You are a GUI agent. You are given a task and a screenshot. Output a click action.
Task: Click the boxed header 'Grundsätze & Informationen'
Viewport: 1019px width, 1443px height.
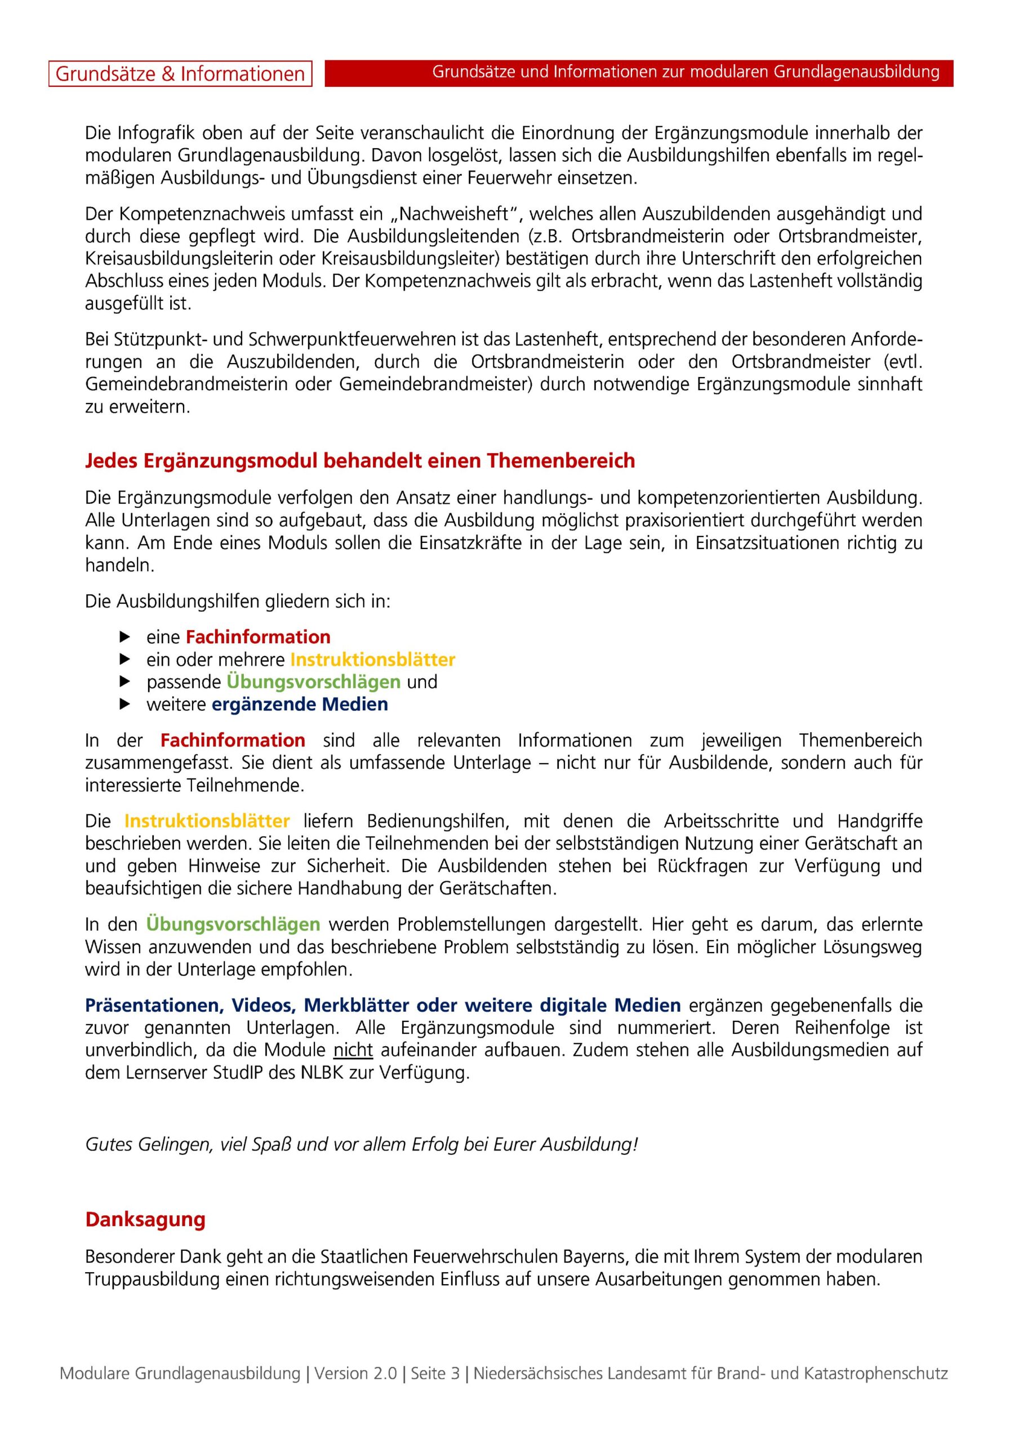pyautogui.click(x=180, y=73)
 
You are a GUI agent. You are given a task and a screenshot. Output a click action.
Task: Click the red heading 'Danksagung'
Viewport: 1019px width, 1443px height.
pyautogui.click(x=145, y=1219)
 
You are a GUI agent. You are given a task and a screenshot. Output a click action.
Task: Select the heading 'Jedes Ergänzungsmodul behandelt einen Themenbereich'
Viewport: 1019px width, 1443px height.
pyautogui.click(x=360, y=461)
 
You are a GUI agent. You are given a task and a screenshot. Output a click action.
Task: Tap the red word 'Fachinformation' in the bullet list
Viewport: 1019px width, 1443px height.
pyautogui.click(x=258, y=638)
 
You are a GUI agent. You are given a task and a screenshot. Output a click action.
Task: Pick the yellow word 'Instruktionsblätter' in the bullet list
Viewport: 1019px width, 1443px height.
pyautogui.click(x=372, y=659)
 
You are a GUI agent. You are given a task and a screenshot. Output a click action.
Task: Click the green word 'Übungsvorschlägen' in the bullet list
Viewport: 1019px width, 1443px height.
pyautogui.click(x=314, y=682)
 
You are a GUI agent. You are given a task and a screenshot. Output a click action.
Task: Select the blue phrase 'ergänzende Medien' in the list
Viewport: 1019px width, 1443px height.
pyautogui.click(x=300, y=705)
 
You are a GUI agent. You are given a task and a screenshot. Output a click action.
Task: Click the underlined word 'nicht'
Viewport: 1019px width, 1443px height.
pyautogui.click(x=353, y=1050)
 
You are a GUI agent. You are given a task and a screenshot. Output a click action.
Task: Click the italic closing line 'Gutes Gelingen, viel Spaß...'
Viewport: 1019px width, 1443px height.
pyautogui.click(x=361, y=1144)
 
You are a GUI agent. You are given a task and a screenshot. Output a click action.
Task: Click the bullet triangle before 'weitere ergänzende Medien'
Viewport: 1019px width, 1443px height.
pyautogui.click(x=124, y=705)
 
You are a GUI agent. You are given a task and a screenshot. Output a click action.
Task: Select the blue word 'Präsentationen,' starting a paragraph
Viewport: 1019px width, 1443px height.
pyautogui.click(x=154, y=1006)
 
